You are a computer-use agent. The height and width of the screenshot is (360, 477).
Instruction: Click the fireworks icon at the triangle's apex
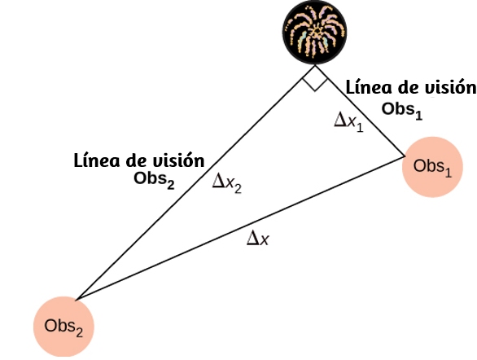pyautogui.click(x=315, y=33)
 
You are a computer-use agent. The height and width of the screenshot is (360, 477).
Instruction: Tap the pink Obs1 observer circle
pyautogui.click(x=432, y=167)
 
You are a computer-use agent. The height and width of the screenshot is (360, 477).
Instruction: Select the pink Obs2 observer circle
pyautogui.click(x=63, y=327)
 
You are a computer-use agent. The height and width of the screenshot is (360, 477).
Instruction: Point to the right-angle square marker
pyautogui.click(x=315, y=78)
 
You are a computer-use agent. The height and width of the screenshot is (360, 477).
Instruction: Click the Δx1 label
pyautogui.click(x=348, y=121)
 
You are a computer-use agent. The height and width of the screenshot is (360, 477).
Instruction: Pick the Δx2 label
pyautogui.click(x=227, y=183)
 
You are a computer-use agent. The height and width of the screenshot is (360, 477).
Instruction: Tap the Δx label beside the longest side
pyautogui.click(x=258, y=238)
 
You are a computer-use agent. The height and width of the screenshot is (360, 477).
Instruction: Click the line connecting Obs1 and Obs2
pyautogui.click(x=240, y=228)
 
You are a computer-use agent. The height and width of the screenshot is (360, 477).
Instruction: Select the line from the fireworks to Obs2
pyautogui.click(x=195, y=182)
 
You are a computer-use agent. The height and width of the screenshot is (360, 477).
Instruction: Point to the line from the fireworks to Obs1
pyautogui.click(x=360, y=111)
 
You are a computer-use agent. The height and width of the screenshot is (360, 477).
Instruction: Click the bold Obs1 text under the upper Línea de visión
pyautogui.click(x=402, y=110)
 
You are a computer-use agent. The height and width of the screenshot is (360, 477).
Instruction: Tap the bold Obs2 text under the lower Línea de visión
pyautogui.click(x=154, y=180)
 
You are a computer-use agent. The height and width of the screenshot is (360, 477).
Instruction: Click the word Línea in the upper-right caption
pyautogui.click(x=369, y=87)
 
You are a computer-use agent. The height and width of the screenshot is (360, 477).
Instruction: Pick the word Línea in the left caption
pyautogui.click(x=97, y=160)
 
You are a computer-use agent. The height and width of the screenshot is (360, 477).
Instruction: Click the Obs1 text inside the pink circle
pyautogui.click(x=432, y=167)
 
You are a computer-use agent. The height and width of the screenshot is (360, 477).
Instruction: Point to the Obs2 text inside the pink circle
pyautogui.click(x=63, y=327)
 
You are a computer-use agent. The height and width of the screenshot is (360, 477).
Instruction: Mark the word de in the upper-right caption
pyautogui.click(x=408, y=87)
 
